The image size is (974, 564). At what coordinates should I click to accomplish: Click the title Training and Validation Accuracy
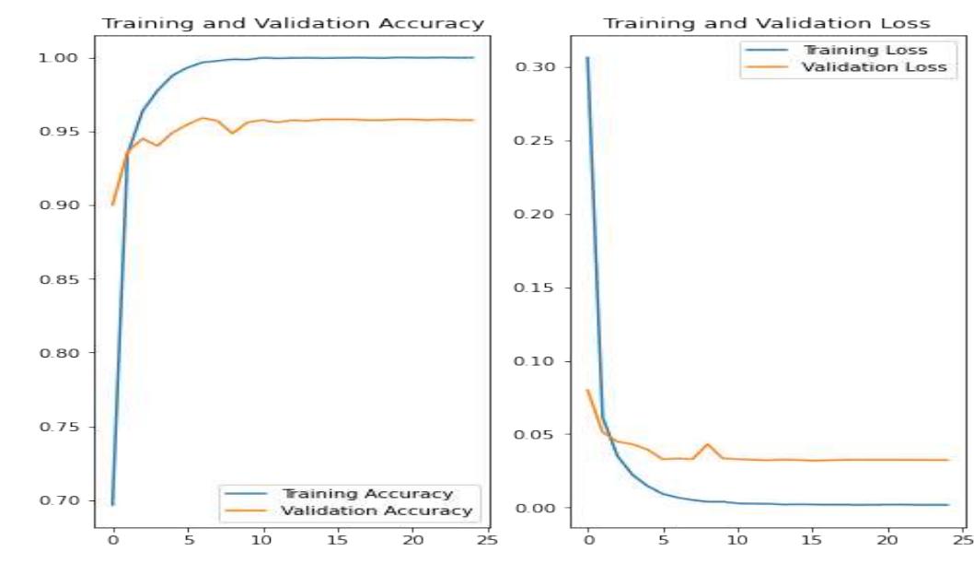tap(293, 23)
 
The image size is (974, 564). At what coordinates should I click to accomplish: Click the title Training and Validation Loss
tap(767, 23)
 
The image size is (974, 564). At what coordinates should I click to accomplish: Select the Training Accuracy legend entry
tap(367, 494)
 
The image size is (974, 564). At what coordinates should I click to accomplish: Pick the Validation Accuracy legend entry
tap(377, 510)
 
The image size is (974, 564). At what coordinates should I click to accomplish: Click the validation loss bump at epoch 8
tap(707, 444)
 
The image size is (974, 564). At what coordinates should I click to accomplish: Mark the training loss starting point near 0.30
tap(587, 57)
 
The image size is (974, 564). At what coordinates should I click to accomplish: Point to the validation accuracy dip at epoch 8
tap(233, 133)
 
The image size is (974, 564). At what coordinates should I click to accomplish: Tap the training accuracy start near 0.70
tap(112, 504)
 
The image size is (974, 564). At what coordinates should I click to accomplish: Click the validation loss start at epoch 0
tap(587, 390)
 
